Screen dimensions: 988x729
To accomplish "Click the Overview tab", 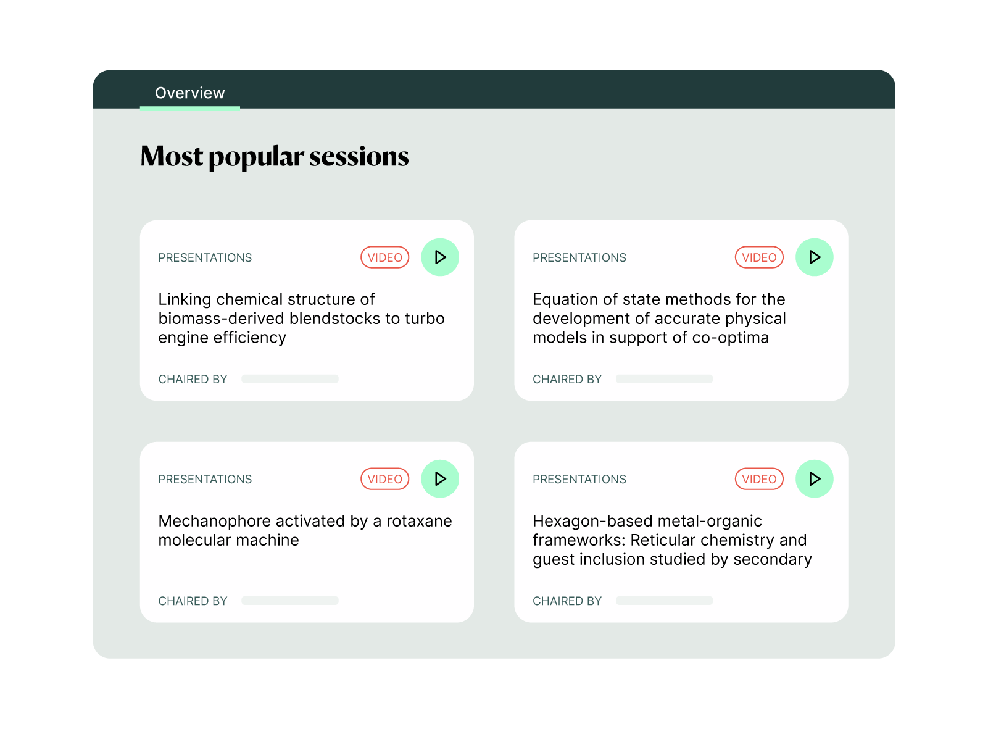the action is click(x=190, y=93).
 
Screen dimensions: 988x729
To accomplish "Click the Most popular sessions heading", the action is click(x=275, y=157).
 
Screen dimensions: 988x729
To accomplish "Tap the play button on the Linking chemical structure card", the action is click(x=441, y=257).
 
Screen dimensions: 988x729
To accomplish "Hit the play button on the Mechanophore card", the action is click(x=441, y=480).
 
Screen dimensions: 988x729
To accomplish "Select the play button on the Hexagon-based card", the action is click(x=815, y=480).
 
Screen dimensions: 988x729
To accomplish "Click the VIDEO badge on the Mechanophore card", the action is click(x=385, y=480).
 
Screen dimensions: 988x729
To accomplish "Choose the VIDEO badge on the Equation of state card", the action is click(x=760, y=257).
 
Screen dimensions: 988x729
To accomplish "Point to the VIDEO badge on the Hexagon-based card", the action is click(x=760, y=480).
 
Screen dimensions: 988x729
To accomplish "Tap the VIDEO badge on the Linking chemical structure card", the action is click(x=385, y=257).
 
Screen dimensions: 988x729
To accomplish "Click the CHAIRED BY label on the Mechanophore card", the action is click(x=193, y=601).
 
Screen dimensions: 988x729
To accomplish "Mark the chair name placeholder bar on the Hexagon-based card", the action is click(x=665, y=601).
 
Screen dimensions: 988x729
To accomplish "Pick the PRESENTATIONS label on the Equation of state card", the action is click(x=579, y=257).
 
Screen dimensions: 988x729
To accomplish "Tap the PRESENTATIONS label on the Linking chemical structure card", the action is click(x=205, y=257).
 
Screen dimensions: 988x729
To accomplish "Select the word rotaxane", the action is click(x=419, y=522).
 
